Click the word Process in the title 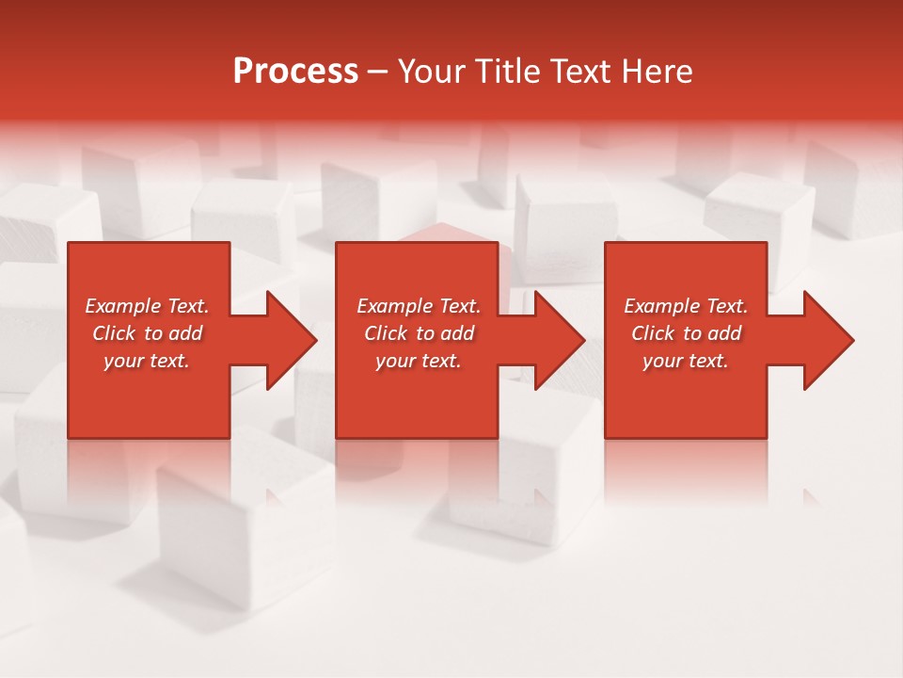tap(295, 72)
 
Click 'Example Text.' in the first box tap(147, 306)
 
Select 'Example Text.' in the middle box tap(418, 306)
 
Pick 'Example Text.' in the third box tap(686, 306)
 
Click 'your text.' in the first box tap(147, 361)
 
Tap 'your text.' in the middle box tap(418, 361)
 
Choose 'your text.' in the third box tap(686, 361)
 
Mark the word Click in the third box tap(653, 333)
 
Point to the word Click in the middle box tap(386, 333)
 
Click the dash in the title tap(377, 73)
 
